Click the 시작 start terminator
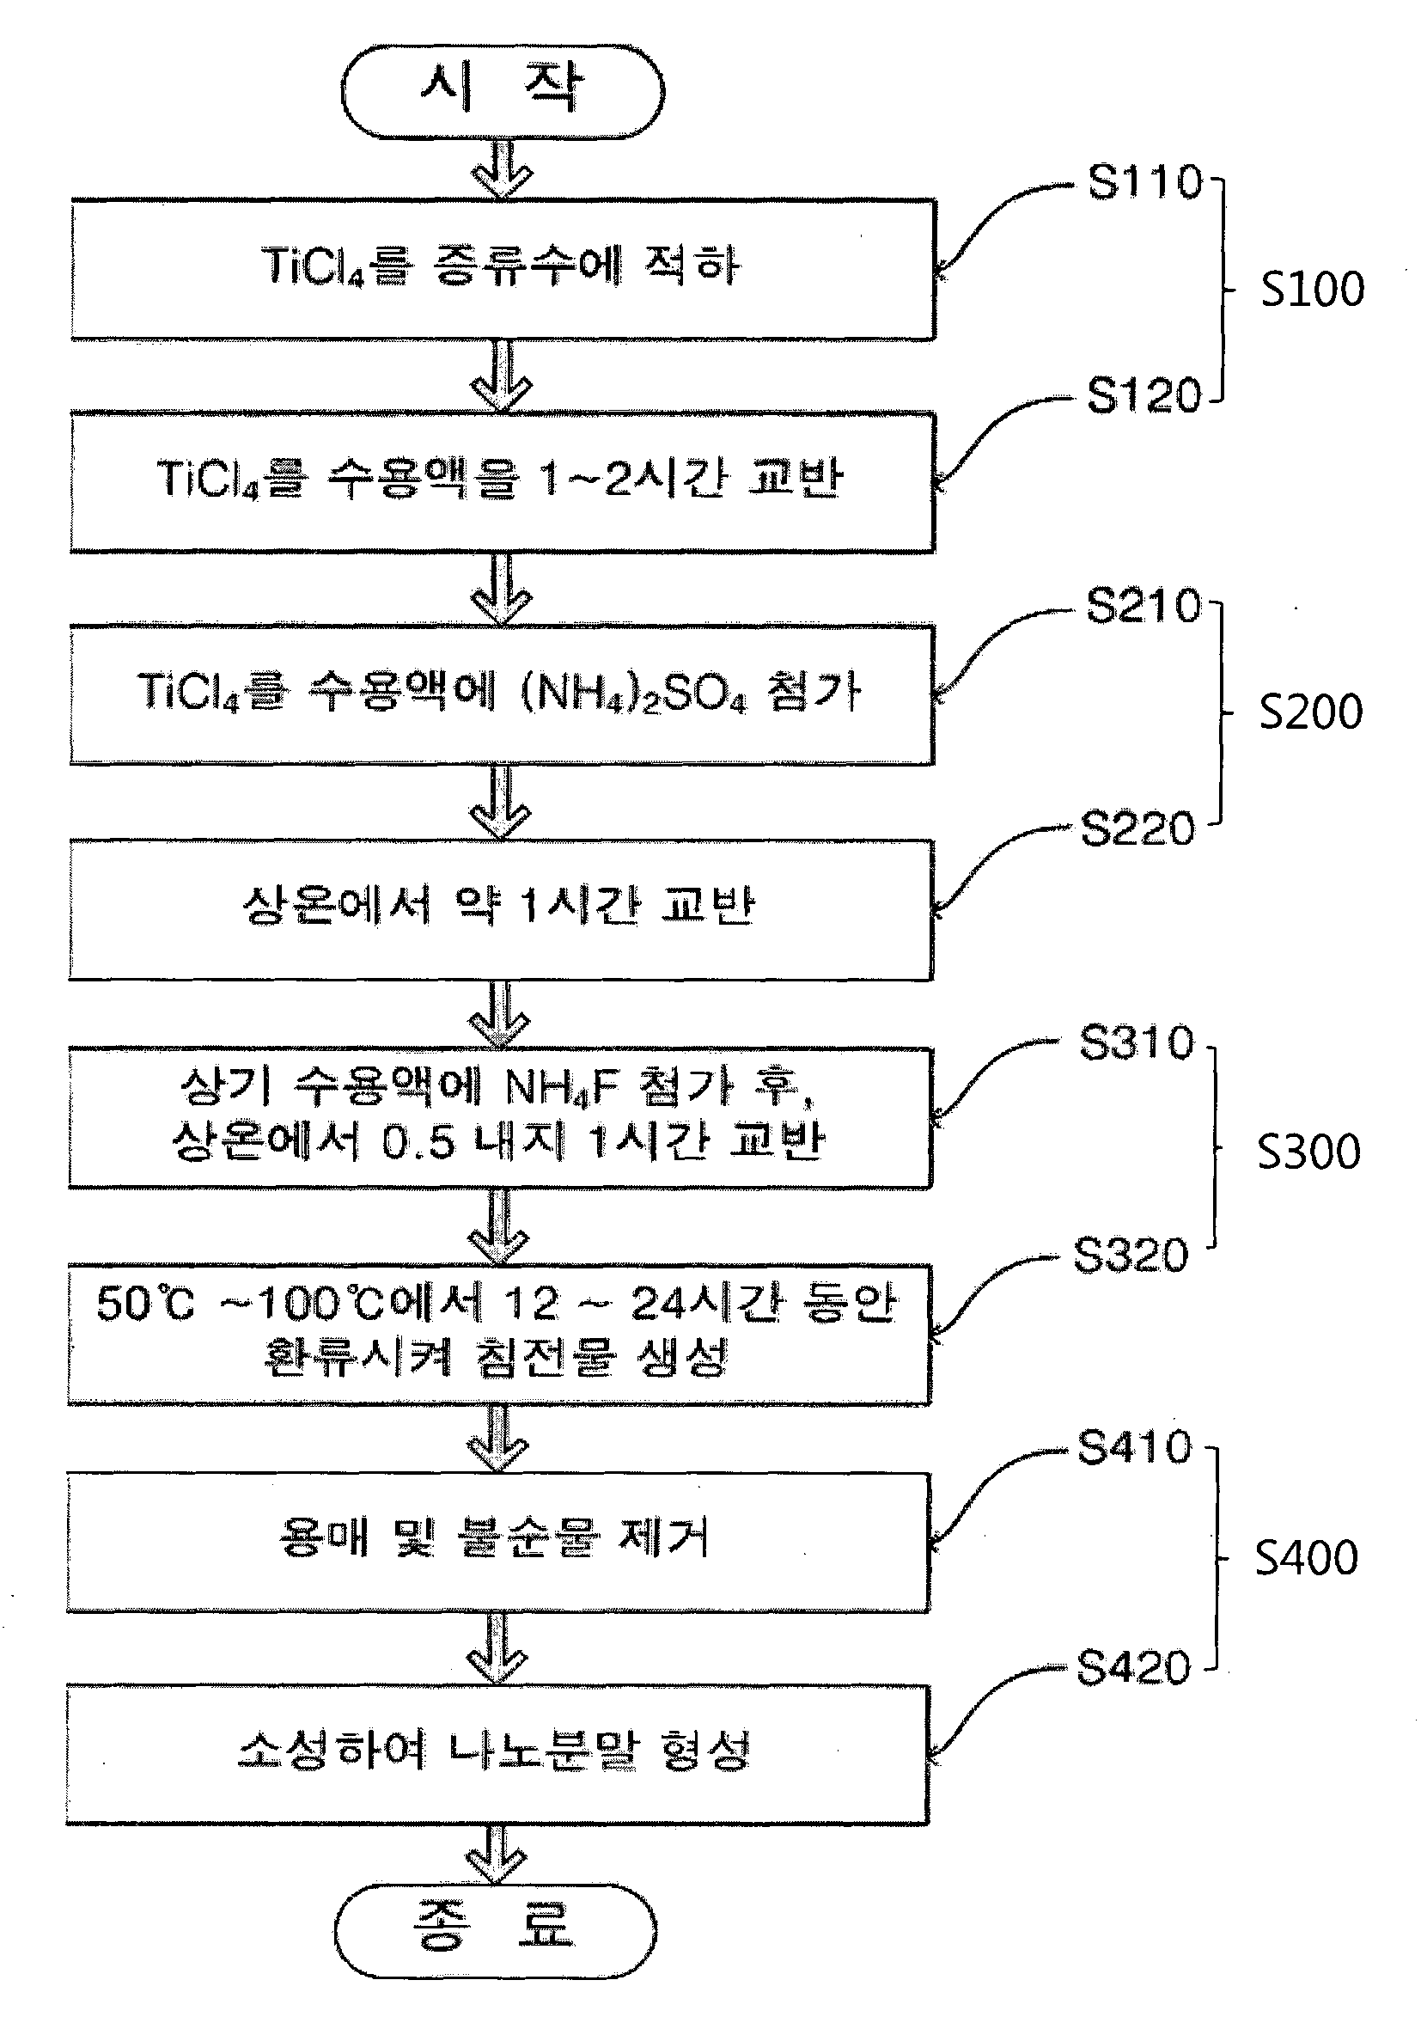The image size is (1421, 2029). click(502, 92)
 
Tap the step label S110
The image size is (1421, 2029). click(1145, 182)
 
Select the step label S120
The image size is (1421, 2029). click(1144, 395)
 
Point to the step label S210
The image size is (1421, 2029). click(1144, 606)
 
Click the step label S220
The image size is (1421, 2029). click(1138, 829)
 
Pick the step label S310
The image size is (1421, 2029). click(1137, 1042)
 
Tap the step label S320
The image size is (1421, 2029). click(1131, 1256)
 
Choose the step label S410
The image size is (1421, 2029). click(1135, 1447)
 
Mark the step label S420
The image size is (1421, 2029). click(1134, 1668)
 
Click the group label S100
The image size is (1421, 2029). click(1312, 290)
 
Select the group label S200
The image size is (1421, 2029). click(1310, 712)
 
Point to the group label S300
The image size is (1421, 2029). click(1308, 1152)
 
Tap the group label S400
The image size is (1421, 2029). click(1307, 1558)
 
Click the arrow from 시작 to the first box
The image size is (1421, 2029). click(502, 169)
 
